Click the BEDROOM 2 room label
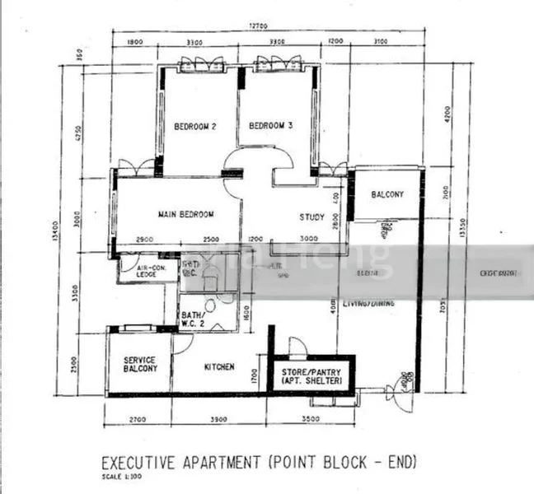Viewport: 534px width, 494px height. [195, 127]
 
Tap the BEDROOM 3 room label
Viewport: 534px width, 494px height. [270, 126]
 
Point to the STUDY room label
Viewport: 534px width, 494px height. [311, 217]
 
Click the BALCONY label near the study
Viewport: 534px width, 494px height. [387, 195]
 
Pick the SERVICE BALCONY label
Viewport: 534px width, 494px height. [140, 365]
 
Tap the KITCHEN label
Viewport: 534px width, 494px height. [218, 367]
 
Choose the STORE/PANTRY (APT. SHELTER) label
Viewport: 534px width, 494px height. [312, 377]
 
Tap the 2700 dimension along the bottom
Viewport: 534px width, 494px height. [138, 420]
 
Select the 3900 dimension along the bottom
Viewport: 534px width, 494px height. [218, 420]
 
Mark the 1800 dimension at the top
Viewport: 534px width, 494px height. [135, 41]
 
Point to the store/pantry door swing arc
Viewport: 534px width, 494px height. [297, 347]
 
